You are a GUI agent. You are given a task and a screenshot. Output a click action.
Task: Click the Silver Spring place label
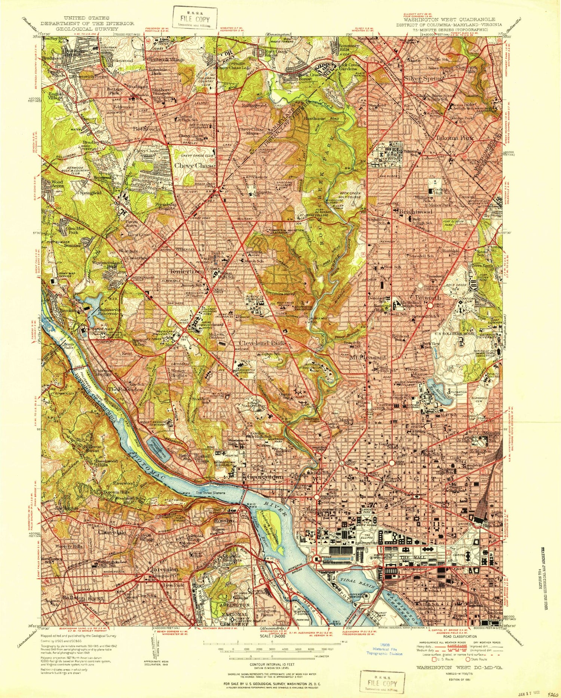point(423,79)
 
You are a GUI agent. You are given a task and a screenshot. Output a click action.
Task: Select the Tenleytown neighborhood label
point(187,271)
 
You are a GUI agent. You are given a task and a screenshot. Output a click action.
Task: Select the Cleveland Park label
point(262,343)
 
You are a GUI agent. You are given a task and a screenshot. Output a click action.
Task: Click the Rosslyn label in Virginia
point(224,521)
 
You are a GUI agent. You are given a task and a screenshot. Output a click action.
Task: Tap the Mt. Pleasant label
point(368,357)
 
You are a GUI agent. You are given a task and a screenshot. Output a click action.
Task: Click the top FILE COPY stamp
point(194,19)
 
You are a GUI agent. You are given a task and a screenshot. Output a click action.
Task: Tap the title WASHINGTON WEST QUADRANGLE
point(450,19)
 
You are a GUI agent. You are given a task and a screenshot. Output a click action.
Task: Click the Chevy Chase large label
point(194,165)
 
